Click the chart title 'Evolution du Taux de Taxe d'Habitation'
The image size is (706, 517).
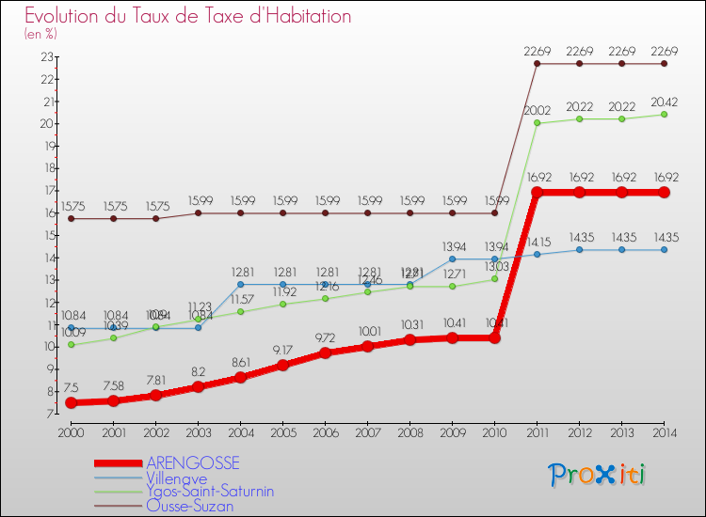pos(188,17)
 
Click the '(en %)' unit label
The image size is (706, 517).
pos(40,34)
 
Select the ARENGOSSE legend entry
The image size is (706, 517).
pos(193,463)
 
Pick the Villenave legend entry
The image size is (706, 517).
pos(179,478)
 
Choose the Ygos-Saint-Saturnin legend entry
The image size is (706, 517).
pos(209,491)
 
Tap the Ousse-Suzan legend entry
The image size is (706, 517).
pos(190,505)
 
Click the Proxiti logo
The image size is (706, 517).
pos(597,475)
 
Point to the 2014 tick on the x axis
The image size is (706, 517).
pos(664,432)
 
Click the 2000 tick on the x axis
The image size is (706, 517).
pos(71,432)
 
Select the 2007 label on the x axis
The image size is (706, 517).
pos(367,432)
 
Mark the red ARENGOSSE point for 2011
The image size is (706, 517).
pos(537,193)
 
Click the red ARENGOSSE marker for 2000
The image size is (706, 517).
pos(71,402)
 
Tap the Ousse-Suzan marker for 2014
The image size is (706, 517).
pos(664,64)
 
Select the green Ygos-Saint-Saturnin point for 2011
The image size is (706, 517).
pos(537,123)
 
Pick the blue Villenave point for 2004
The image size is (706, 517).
pos(240,284)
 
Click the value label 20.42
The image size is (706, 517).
pos(664,100)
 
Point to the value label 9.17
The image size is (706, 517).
pos(282,351)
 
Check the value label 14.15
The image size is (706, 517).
pos(537,240)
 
